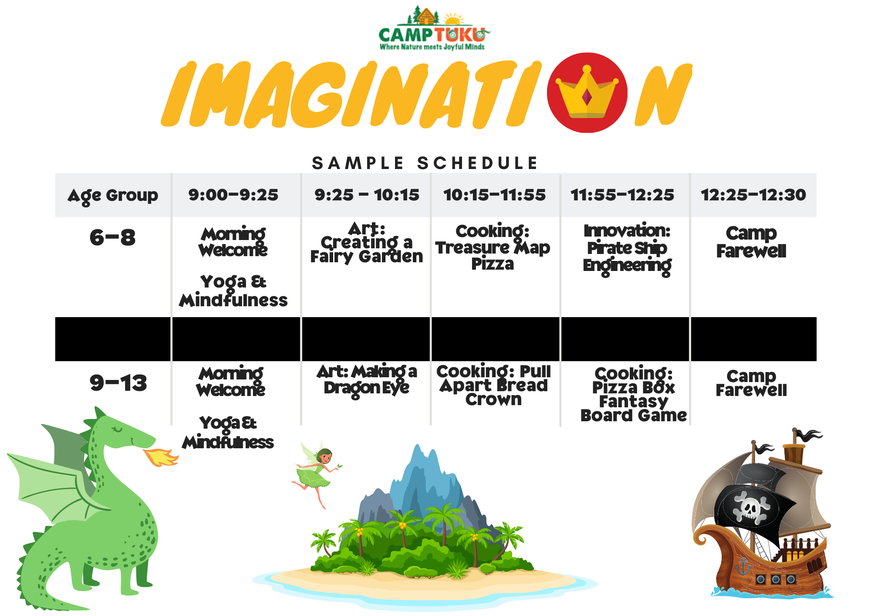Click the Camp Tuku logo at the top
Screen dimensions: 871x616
[x=434, y=28]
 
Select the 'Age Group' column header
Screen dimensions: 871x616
[x=113, y=196]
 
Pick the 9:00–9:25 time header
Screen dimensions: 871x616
[x=233, y=195]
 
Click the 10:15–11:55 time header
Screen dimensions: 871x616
[x=494, y=195]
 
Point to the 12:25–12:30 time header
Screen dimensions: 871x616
[x=753, y=195]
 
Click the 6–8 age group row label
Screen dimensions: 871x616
[x=112, y=238]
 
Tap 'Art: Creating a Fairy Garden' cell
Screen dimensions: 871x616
[x=366, y=243]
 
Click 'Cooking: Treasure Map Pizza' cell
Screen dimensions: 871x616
[x=493, y=247]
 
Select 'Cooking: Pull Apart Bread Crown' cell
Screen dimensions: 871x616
[x=493, y=385]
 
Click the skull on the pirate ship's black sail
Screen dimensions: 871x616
[x=751, y=507]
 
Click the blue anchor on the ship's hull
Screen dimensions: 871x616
[x=743, y=567]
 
